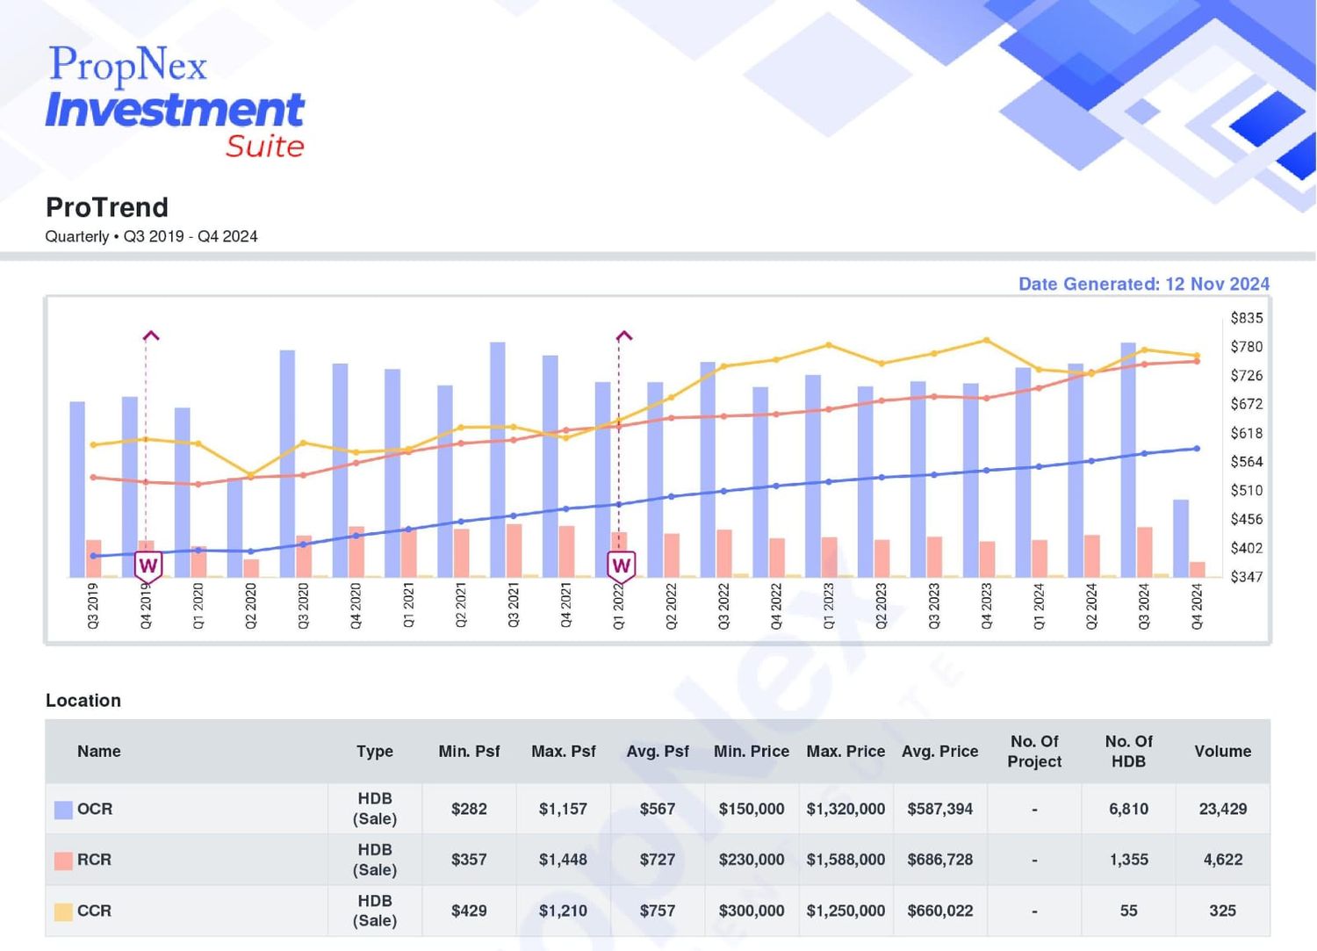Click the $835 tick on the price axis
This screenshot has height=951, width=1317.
click(1247, 318)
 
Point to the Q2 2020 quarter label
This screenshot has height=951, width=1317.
click(250, 607)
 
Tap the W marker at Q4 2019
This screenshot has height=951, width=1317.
click(148, 566)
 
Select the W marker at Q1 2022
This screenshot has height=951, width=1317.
click(622, 566)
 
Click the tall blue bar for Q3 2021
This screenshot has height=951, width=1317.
click(498, 460)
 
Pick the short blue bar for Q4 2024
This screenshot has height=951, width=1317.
click(1181, 538)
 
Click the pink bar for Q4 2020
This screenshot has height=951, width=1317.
click(356, 551)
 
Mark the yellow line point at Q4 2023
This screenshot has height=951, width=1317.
click(987, 340)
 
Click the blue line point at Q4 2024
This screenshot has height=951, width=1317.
click(1197, 449)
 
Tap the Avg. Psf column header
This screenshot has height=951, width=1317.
click(658, 751)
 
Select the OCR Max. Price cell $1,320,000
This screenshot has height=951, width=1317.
click(846, 809)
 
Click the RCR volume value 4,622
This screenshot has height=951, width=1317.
click(1223, 860)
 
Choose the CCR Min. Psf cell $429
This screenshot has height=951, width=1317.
click(469, 911)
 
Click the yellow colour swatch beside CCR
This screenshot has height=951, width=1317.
click(63, 911)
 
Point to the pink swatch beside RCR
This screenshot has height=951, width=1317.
click(63, 861)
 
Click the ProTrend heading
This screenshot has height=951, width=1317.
click(107, 207)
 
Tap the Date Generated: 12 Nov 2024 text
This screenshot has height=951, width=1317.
click(1143, 284)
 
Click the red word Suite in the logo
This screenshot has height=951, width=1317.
click(265, 147)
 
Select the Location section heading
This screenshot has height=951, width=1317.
click(83, 701)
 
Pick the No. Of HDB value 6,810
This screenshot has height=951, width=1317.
click(1128, 809)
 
